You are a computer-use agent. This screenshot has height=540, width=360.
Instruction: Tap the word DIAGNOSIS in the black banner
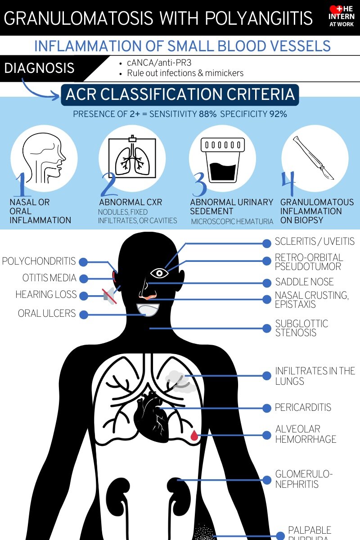pos(40,68)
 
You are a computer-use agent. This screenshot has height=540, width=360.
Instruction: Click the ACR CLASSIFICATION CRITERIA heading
pos(180,95)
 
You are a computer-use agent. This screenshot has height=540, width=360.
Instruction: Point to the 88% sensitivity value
pos(208,114)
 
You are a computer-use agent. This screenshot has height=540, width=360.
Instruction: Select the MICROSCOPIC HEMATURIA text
pos(232,221)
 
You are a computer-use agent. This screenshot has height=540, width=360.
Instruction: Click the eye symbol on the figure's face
pos(159,273)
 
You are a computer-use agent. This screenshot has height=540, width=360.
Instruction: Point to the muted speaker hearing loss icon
pos(109,295)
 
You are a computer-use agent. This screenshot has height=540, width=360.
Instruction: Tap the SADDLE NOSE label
pos(304,282)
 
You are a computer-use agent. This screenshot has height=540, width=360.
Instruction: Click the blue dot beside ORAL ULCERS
pos(84,314)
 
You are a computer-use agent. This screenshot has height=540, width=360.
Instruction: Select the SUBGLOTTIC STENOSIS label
pos(301,328)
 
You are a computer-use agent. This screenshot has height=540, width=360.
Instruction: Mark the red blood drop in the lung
pos(194,435)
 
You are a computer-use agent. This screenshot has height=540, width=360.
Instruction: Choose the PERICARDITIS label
pos(303,407)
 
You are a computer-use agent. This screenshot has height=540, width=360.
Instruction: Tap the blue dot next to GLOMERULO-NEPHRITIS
pos(267,480)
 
